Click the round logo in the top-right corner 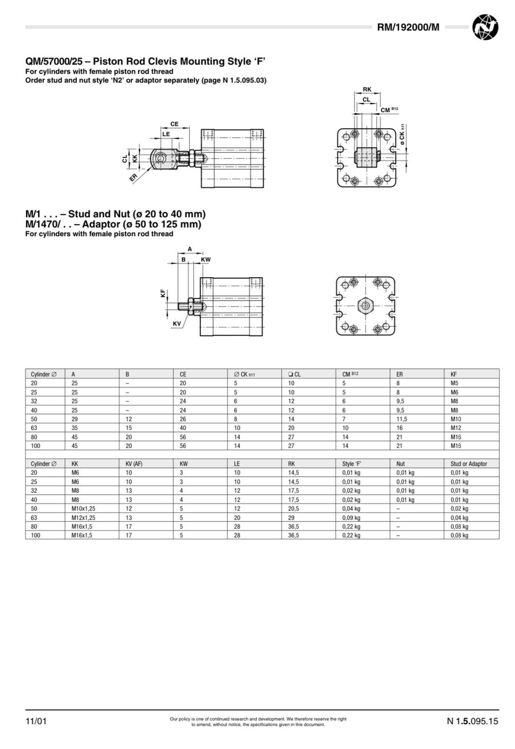tap(485, 27)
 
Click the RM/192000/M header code tap(408, 27)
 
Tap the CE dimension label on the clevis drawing tap(174, 124)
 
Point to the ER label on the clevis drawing tap(133, 178)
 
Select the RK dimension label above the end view tap(367, 89)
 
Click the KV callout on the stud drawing tap(177, 324)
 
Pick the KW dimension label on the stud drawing tap(206, 260)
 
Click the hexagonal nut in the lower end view tap(365, 305)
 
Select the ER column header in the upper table tap(399, 374)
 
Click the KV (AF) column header tap(134, 464)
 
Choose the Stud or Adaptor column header tap(468, 464)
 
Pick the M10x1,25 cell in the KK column tap(83, 509)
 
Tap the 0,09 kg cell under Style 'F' tap(351, 518)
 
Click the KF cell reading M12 tap(456, 428)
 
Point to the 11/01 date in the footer tap(36, 721)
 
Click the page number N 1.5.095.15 tap(472, 721)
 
